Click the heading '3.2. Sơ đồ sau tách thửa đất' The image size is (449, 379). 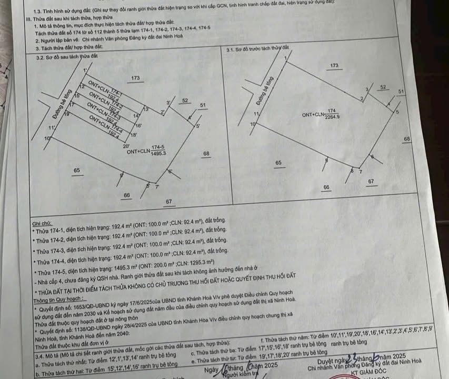click(x=66, y=56)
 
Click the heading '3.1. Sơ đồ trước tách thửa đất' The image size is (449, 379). click(x=257, y=49)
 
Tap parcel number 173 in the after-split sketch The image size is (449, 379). click(x=135, y=78)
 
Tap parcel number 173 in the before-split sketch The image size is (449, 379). click(x=334, y=65)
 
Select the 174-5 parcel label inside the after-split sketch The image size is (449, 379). click(x=158, y=147)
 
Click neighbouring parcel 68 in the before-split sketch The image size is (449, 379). click(x=407, y=138)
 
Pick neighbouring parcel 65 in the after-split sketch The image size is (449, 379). click(x=77, y=170)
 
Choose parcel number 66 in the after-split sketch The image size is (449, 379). click(x=126, y=195)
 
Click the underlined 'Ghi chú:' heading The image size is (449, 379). click(x=42, y=223)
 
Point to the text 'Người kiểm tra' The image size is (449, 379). click(x=237, y=374)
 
